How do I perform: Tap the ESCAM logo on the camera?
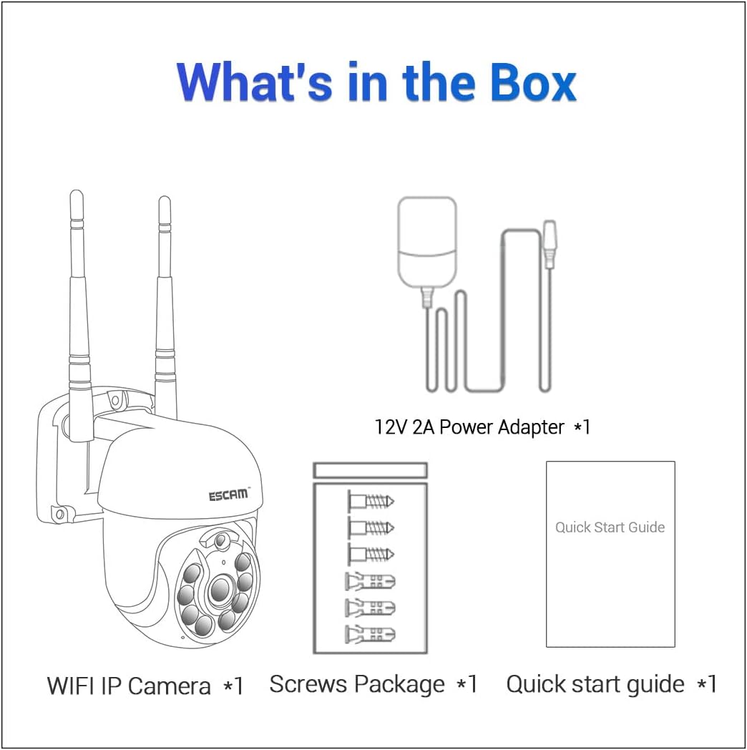pyautogui.click(x=228, y=495)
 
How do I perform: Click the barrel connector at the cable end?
pyautogui.click(x=550, y=243)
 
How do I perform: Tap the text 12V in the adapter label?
pyautogui.click(x=391, y=427)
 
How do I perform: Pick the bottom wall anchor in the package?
pyautogui.click(x=371, y=633)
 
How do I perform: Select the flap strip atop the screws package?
pyautogui.click(x=371, y=470)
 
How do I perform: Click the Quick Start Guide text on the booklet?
pyautogui.click(x=610, y=527)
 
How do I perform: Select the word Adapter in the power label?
pyautogui.click(x=532, y=427)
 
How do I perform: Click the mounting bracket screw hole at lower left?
pyautogui.click(x=60, y=514)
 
